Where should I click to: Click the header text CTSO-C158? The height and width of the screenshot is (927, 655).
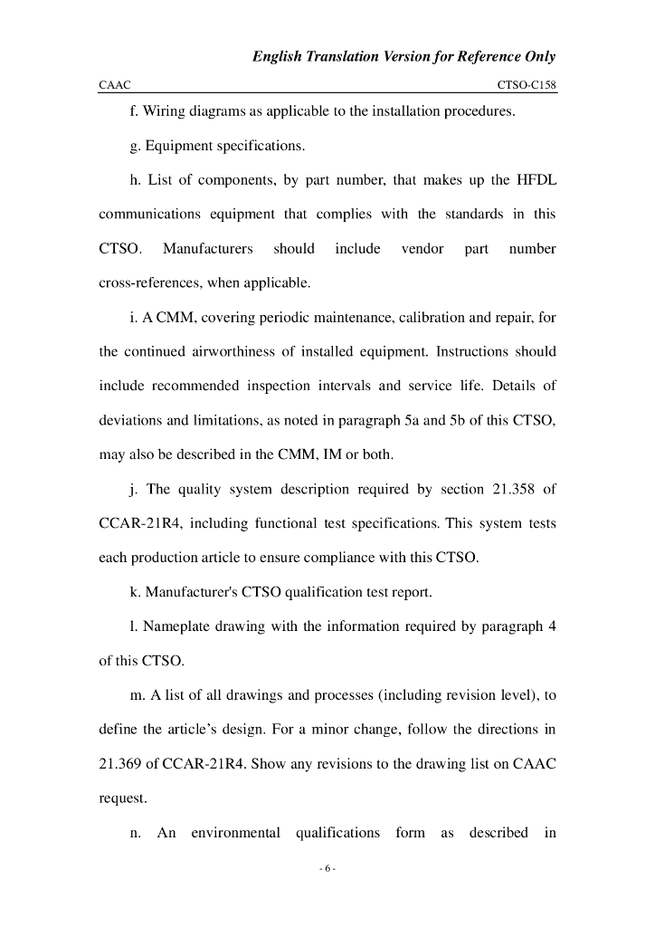click(x=527, y=84)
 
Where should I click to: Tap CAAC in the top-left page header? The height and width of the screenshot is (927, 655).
click(x=115, y=84)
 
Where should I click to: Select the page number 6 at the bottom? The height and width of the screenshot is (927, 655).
click(x=327, y=870)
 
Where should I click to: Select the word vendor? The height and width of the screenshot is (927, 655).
click(x=422, y=248)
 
